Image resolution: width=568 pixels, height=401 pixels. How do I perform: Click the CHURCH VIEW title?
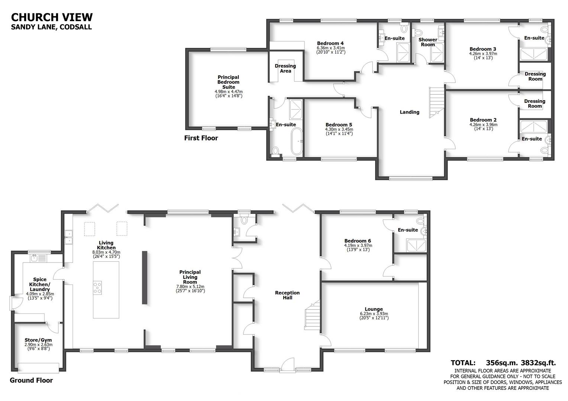point(52,17)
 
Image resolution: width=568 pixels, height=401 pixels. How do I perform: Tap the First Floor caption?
point(201,138)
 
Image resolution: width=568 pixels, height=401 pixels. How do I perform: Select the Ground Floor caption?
point(31,380)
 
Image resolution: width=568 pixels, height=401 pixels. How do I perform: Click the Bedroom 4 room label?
point(330,43)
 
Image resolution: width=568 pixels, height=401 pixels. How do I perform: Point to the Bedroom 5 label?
point(339,125)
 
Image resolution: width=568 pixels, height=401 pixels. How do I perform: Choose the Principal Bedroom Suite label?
point(229,82)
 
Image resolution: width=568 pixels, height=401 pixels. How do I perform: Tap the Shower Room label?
point(428,42)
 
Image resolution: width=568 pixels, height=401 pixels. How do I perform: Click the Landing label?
point(409,112)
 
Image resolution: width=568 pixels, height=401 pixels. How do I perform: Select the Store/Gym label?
point(38,340)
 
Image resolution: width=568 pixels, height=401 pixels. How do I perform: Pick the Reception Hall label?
point(287,295)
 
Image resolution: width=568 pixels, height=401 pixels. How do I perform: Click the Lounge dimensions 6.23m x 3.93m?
point(374,314)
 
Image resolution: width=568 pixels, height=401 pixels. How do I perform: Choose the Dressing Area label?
point(285,68)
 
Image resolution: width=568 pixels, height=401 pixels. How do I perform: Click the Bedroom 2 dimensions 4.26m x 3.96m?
point(483,125)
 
